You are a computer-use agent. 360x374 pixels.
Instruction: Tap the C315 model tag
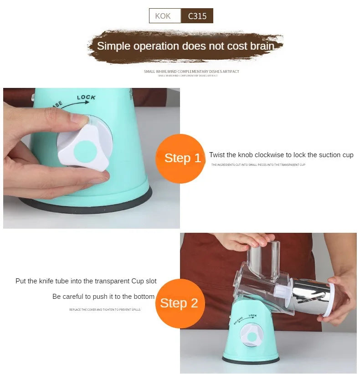(197, 16)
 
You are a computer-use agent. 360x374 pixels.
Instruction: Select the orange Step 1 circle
(180, 159)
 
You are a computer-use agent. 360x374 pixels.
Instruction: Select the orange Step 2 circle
(179, 303)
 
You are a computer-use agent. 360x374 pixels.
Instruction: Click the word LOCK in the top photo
(86, 97)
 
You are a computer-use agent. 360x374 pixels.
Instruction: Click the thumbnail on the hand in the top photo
(79, 119)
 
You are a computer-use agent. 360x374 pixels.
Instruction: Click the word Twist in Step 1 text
(217, 155)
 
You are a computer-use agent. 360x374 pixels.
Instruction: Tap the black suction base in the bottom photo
(251, 360)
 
